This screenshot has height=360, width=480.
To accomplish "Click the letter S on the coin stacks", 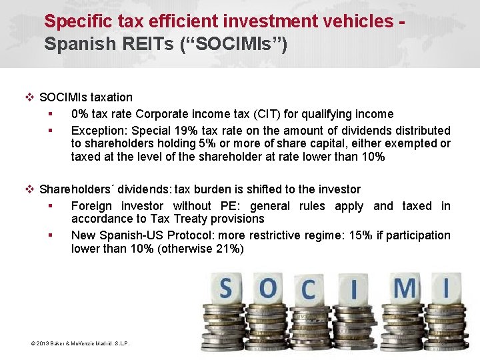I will click(225, 289).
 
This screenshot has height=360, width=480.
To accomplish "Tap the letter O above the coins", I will click(268, 289).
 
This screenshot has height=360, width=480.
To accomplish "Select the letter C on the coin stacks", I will click(308, 290).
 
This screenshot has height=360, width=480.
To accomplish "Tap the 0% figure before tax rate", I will click(81, 114).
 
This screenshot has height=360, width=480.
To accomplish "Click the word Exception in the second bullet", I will click(98, 131).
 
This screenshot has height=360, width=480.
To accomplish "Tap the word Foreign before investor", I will click(92, 206).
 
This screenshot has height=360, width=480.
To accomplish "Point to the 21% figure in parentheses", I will click(228, 249).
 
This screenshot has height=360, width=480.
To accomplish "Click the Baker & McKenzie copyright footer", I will click(80, 343).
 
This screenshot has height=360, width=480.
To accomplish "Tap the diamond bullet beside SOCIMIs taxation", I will click(29, 97).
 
